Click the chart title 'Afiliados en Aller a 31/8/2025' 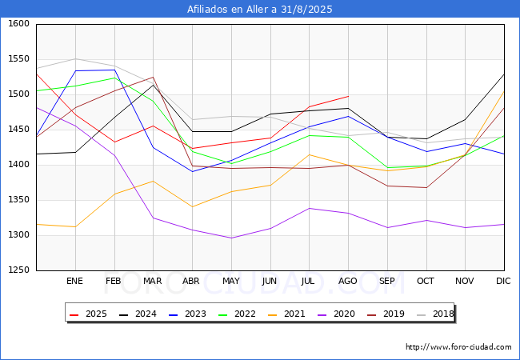point(259,10)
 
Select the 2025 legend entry point(89,314)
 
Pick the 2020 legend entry point(336,314)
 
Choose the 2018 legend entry point(435,314)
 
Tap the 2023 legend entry point(188,314)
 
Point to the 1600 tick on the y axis point(19,23)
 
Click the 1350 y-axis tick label point(19,200)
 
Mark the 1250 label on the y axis point(19,270)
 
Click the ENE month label point(74,281)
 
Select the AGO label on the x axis point(347,281)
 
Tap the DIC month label point(503,281)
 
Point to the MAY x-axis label point(231,281)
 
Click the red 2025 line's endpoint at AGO point(348,96)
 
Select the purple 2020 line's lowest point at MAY point(231,238)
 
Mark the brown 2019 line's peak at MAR point(154,78)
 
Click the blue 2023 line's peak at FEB point(114,70)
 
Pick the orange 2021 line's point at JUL point(310,155)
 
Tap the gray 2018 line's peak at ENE point(76,59)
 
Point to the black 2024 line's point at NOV point(466,119)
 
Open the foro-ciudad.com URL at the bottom point(458,347)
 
